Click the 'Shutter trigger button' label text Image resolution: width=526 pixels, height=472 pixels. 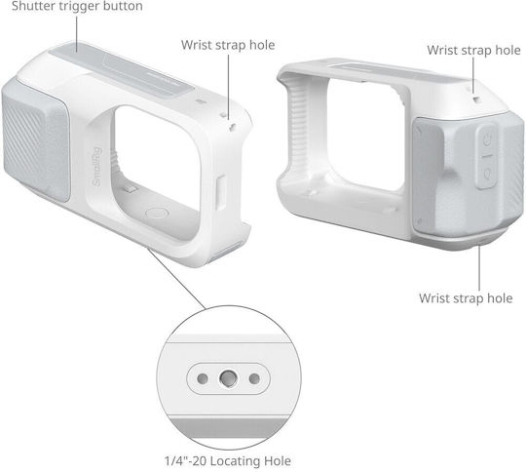coord(77,6)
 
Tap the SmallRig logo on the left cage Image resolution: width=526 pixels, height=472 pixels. coord(97,168)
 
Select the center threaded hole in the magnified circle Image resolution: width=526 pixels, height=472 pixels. coord(228,378)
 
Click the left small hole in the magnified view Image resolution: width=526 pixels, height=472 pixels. coord(203,378)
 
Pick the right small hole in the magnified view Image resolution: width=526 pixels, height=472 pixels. coord(254,378)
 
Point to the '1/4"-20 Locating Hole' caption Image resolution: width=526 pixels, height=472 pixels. coord(228,461)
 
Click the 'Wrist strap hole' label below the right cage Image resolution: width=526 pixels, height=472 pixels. coord(466,298)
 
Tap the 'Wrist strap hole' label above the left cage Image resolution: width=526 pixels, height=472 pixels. coord(228,45)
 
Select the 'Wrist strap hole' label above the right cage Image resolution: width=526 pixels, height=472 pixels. coord(473,50)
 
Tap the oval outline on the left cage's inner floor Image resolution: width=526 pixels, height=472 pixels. coord(157,213)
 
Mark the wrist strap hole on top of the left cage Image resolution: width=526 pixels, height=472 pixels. coord(232,128)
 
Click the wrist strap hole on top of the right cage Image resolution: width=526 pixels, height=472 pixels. coord(476,98)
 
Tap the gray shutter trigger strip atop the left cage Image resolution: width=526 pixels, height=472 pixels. coord(121,71)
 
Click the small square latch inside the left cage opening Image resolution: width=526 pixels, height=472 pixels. coord(131,189)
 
